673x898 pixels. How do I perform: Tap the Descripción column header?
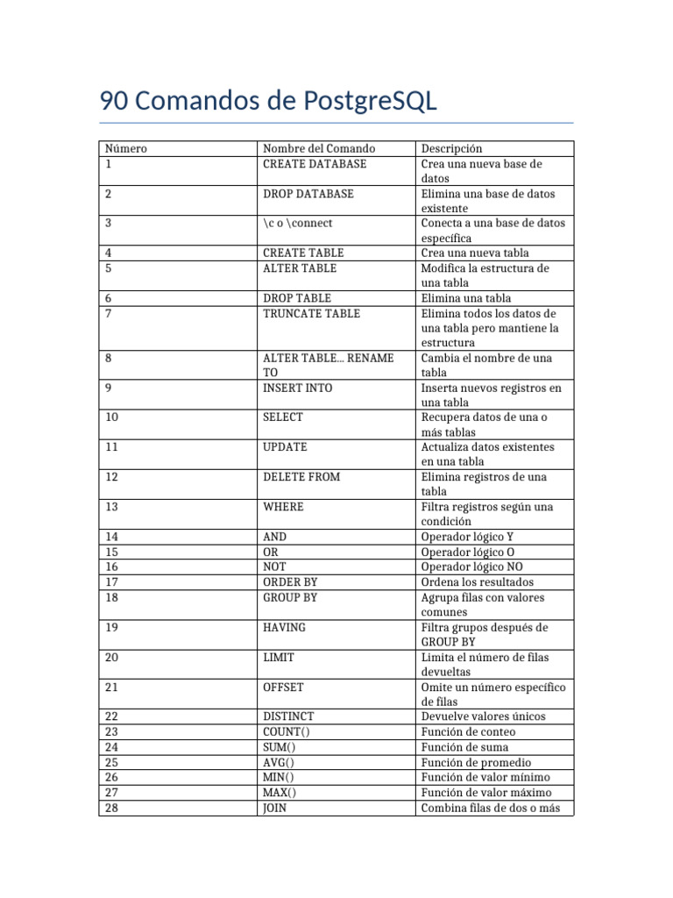[x=451, y=149]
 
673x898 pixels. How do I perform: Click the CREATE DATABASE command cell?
[x=315, y=164]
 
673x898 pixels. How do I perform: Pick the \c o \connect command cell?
[x=298, y=224]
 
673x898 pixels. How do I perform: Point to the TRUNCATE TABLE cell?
[x=311, y=313]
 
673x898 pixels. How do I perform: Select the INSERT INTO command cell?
[x=298, y=388]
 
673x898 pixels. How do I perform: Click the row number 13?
[x=111, y=507]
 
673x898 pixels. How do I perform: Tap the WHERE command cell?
[x=283, y=507]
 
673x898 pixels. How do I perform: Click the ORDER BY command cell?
[x=290, y=582]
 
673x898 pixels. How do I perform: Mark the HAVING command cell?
[x=285, y=628]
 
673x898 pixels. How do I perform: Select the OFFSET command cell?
[x=283, y=688]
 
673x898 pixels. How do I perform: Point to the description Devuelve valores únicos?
[x=483, y=716]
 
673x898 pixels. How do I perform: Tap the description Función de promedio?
[x=476, y=762]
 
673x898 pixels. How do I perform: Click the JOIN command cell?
[x=275, y=808]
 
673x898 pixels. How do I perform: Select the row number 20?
[x=111, y=658]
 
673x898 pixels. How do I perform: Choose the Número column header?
[x=125, y=149]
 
